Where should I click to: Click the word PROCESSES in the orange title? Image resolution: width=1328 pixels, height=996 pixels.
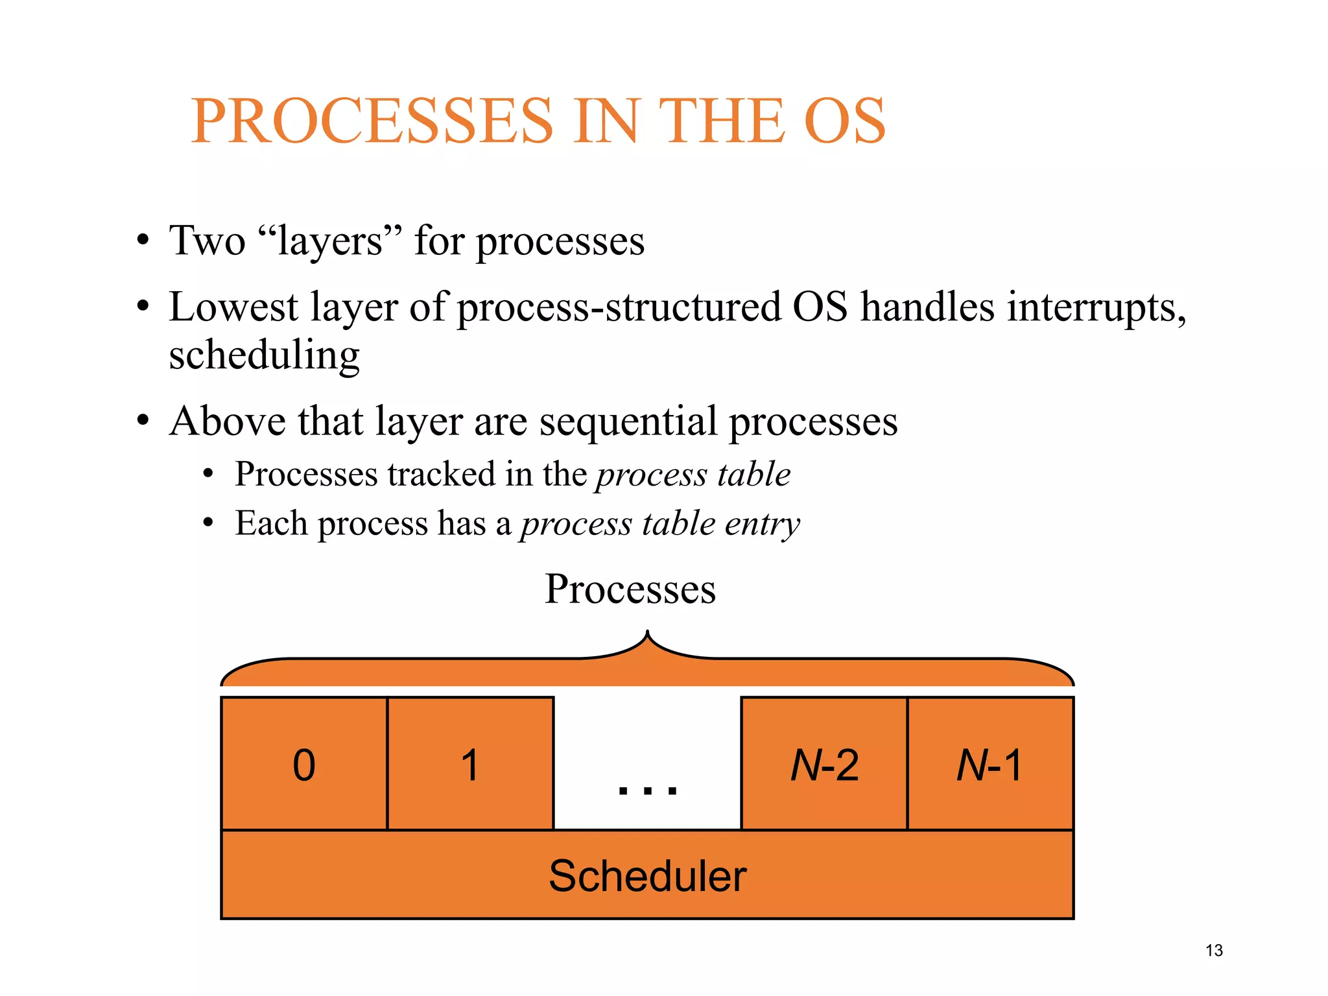[372, 121]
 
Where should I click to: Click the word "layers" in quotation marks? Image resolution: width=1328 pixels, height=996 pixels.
[330, 241]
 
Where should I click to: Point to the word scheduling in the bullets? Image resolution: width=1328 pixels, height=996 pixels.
[264, 356]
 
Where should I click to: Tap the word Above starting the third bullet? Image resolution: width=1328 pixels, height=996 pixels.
[227, 421]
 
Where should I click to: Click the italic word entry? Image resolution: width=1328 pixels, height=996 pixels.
[763, 524]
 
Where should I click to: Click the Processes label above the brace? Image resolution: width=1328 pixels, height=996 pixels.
[630, 589]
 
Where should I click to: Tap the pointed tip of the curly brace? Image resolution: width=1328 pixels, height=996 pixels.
[647, 632]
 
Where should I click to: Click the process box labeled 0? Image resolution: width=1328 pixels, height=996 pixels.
[304, 764]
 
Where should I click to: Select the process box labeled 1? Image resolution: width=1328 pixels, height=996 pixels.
[470, 764]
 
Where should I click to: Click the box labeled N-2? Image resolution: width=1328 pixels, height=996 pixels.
[824, 764]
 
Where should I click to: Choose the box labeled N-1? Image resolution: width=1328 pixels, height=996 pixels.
[990, 764]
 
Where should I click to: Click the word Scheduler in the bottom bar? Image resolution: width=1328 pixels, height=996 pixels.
[647, 876]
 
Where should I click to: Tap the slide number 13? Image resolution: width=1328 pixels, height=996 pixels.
[1214, 951]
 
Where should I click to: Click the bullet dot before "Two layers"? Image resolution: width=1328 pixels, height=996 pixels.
[143, 243]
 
